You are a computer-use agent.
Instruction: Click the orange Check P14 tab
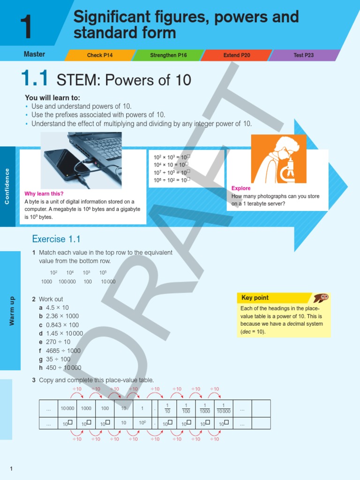click(100, 55)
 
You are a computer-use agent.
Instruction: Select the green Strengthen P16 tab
click(168, 55)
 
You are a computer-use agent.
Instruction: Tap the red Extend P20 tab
click(237, 55)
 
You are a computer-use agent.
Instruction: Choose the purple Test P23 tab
click(303, 55)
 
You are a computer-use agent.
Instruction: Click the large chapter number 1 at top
click(27, 27)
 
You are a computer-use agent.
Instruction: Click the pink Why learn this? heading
click(44, 194)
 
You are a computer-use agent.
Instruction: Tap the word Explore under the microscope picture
click(241, 188)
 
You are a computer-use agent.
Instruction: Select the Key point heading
click(255, 298)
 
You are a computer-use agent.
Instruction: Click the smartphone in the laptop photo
click(66, 164)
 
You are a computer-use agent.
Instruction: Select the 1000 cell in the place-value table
click(86, 408)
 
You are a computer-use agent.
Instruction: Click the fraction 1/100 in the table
click(186, 408)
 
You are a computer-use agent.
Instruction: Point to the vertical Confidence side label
click(7, 186)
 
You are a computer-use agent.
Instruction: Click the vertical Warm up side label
click(12, 311)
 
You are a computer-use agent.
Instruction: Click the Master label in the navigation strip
click(34, 54)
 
